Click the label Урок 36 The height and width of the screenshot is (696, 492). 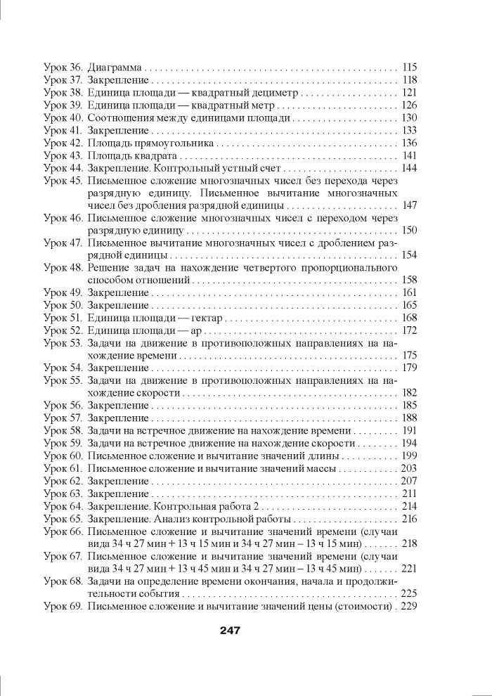[63, 68]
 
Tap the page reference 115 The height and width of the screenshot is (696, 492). [410, 68]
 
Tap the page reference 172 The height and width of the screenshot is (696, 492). [410, 330]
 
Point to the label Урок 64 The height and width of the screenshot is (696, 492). [63, 506]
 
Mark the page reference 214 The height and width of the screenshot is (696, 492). [410, 506]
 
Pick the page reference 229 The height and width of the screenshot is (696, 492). [410, 606]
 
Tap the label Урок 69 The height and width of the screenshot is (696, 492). [63, 606]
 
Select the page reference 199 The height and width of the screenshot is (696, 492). [410, 456]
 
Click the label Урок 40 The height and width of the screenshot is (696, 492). [63, 118]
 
